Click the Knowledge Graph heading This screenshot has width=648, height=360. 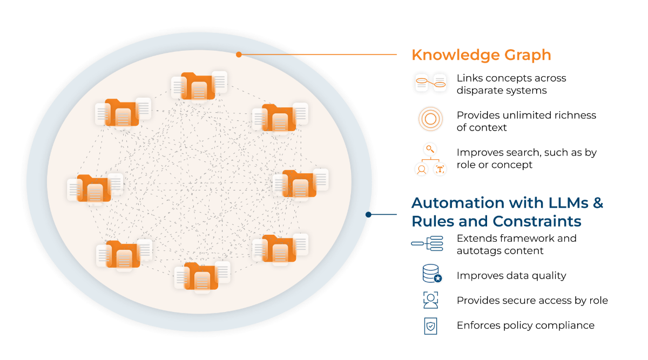481,55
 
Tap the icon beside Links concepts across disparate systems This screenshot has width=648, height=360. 430,84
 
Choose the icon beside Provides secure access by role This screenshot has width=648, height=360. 431,300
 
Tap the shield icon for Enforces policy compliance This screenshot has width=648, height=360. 431,325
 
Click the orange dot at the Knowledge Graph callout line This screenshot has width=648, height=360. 239,54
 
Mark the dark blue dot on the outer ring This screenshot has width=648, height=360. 368,214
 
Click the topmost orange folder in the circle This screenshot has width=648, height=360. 198,86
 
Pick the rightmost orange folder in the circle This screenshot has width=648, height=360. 299,184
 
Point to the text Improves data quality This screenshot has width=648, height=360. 511,276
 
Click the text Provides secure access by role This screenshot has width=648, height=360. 532,301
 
